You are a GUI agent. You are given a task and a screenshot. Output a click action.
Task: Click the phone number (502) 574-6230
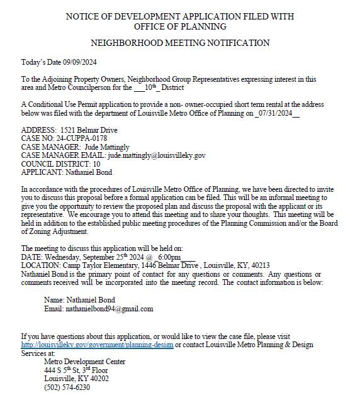[x=67, y=387]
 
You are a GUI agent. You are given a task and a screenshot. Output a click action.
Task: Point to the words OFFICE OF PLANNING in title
[x=180, y=26]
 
